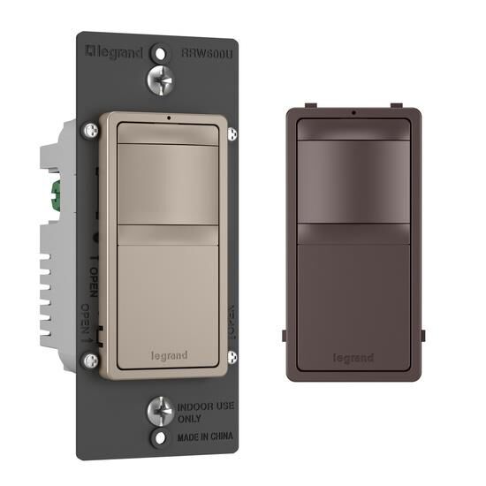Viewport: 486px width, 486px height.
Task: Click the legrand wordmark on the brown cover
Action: pyautogui.click(x=353, y=358)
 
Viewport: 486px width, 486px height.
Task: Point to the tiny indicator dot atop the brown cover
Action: pyautogui.click(x=353, y=113)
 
